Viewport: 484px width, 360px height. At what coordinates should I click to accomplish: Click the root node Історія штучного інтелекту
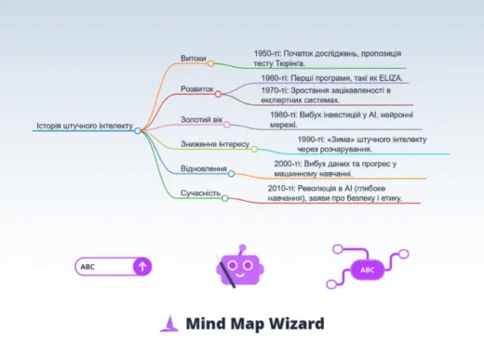[x=85, y=126]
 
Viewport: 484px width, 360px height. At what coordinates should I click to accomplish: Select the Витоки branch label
[x=194, y=58]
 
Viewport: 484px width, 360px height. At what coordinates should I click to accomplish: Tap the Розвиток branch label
[x=196, y=89]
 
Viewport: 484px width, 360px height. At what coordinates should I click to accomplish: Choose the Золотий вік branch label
[x=200, y=120]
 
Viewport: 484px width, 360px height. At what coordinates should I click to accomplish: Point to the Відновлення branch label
[x=203, y=168]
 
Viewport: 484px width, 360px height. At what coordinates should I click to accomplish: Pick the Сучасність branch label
[x=199, y=193]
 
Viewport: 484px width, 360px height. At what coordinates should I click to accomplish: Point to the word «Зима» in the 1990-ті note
[x=330, y=140]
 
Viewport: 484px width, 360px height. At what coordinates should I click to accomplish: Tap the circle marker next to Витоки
[x=211, y=63]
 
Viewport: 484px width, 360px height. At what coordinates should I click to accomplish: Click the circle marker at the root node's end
[x=138, y=131]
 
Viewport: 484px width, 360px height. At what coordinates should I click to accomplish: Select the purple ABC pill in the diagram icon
[x=367, y=271]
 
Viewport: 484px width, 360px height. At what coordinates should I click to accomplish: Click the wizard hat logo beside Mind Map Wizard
[x=168, y=324]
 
